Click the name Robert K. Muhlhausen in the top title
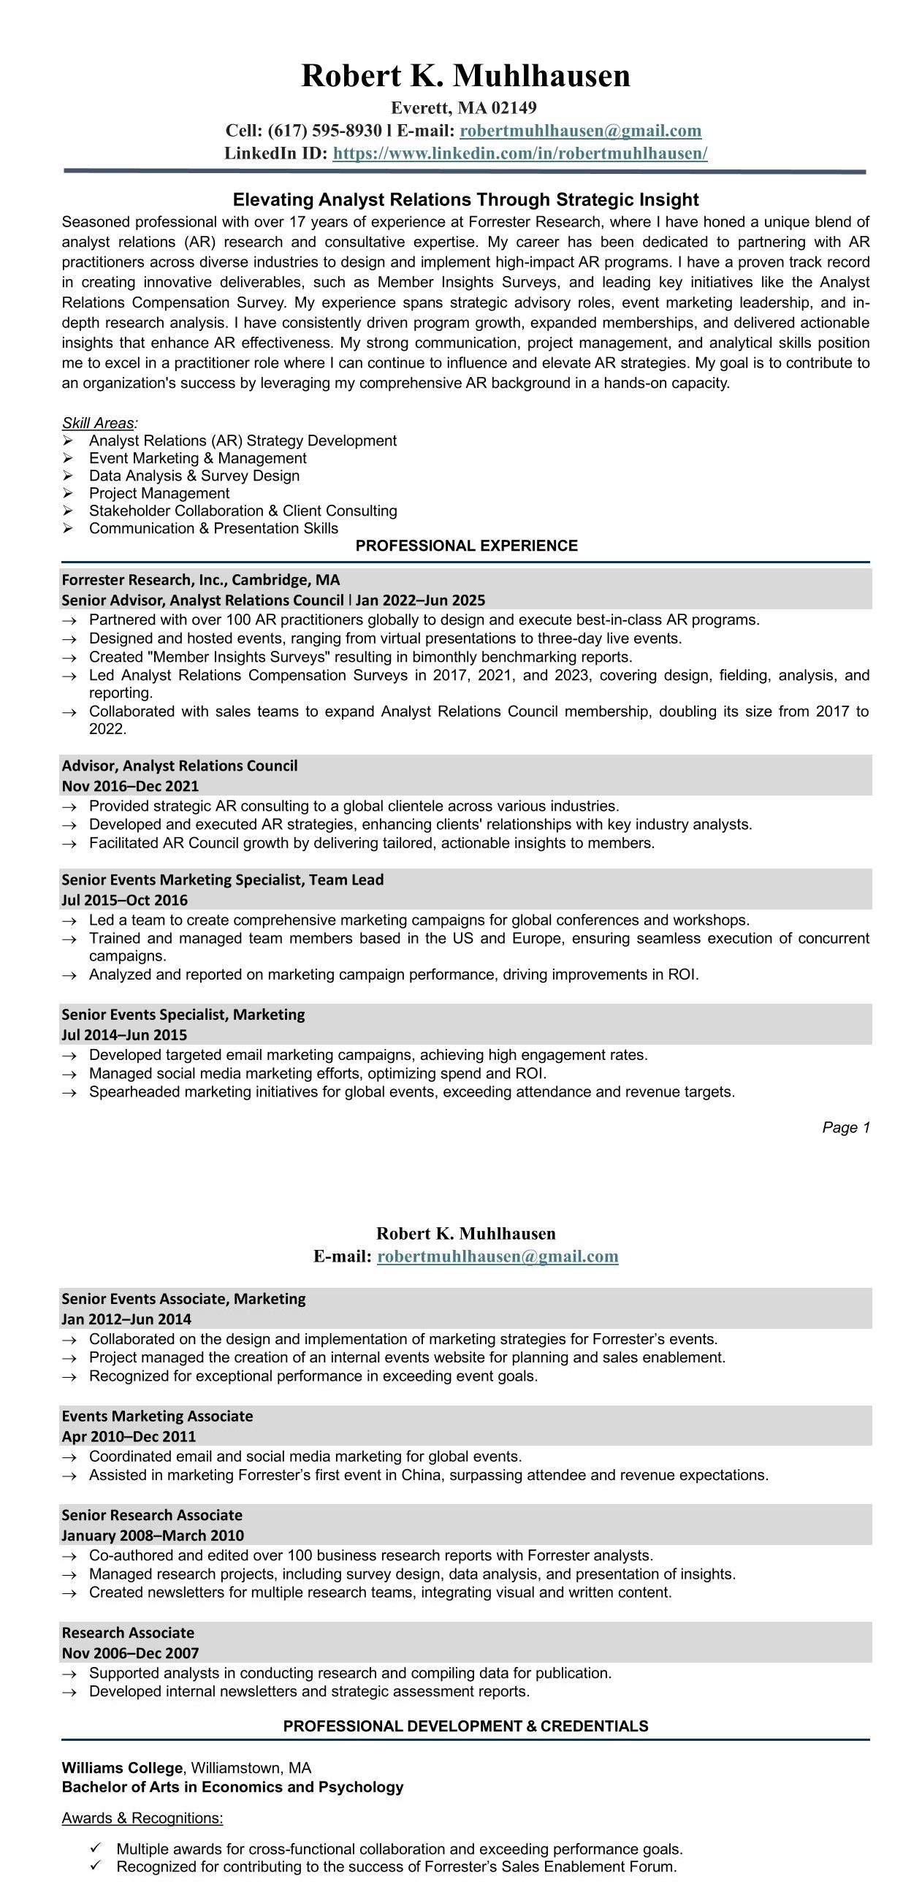pyautogui.click(x=465, y=76)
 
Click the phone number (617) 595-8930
pyautogui.click(x=324, y=131)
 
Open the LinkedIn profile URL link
pyautogui.click(x=519, y=153)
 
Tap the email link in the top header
pyautogui.click(x=580, y=131)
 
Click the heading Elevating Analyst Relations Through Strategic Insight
pyautogui.click(x=465, y=199)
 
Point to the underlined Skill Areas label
pyautogui.click(x=99, y=423)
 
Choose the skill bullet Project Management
pyautogui.click(x=159, y=494)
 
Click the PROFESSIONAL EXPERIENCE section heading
pyautogui.click(x=466, y=546)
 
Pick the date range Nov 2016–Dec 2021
pyautogui.click(x=130, y=786)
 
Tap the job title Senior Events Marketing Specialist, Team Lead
pyautogui.click(x=222, y=880)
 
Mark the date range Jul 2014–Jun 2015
pyautogui.click(x=124, y=1035)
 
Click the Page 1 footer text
pyautogui.click(x=845, y=1127)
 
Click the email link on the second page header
pyautogui.click(x=498, y=1256)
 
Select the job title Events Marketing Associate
pyautogui.click(x=156, y=1416)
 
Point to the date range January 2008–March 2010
pyautogui.click(x=152, y=1535)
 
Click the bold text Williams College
pyautogui.click(x=122, y=1768)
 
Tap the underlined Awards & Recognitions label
pyautogui.click(x=142, y=1818)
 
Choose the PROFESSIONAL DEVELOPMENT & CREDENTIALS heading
pyautogui.click(x=465, y=1726)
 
